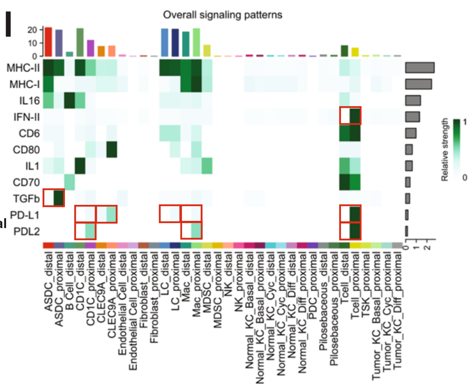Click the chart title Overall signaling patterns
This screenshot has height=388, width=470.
click(222, 15)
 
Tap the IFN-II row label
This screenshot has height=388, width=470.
click(26, 117)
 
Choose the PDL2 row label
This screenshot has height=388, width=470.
click(26, 231)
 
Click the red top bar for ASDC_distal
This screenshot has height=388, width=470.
click(48, 42)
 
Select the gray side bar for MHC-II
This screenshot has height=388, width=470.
click(420, 68)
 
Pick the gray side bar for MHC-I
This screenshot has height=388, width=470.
click(418, 84)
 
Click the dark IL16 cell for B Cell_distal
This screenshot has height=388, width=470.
click(69, 100)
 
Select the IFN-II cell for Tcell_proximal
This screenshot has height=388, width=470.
click(355, 116)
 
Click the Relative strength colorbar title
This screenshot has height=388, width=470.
click(445, 149)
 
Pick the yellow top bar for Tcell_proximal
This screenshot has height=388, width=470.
click(355, 52)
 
